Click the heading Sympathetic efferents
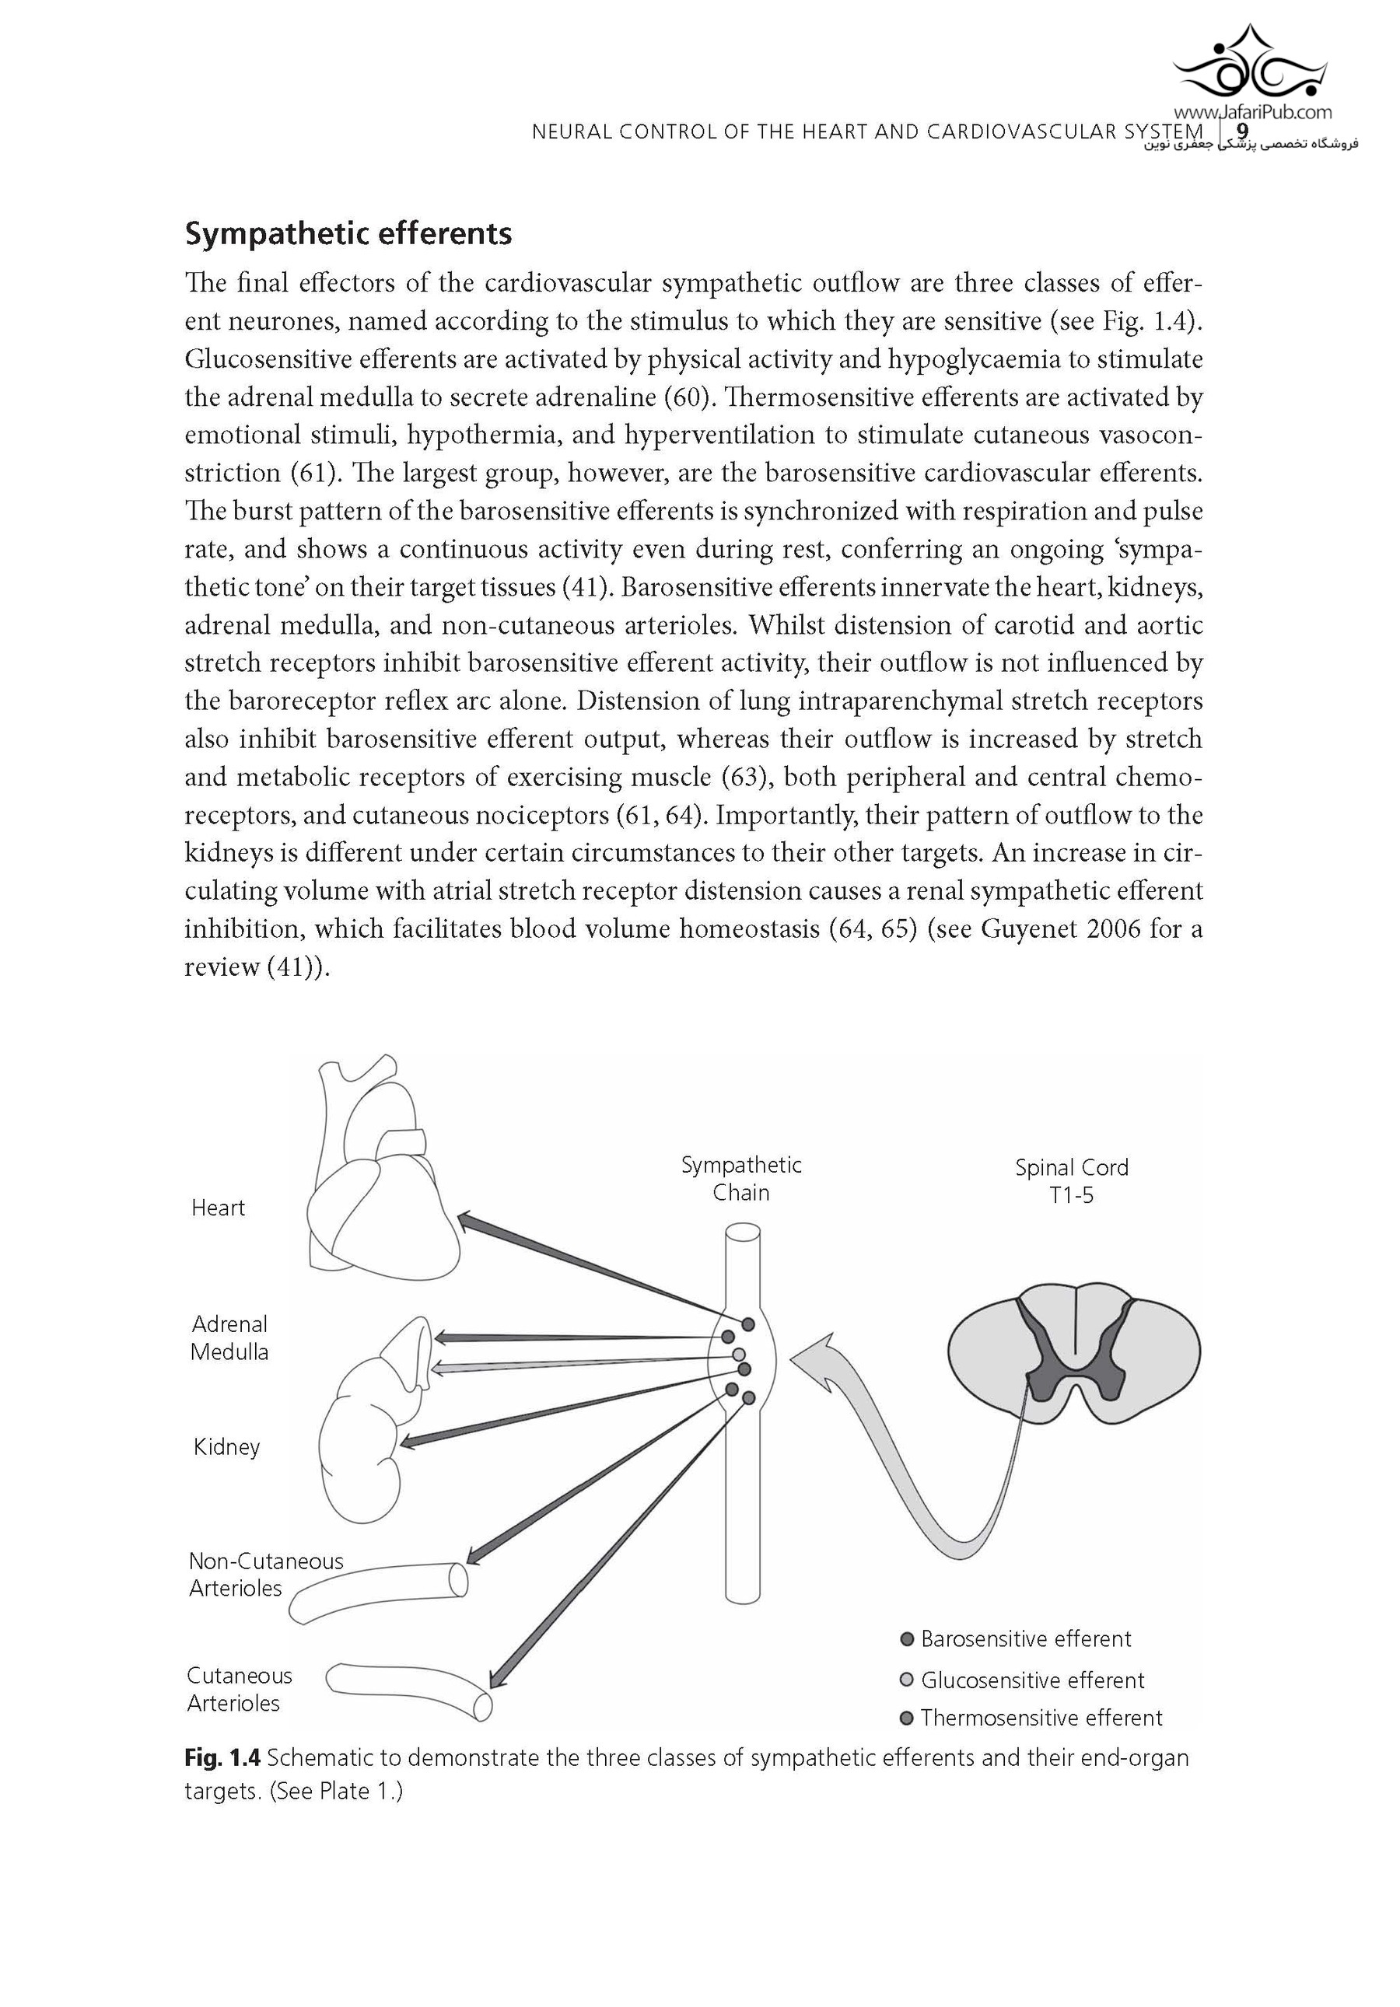coord(348,234)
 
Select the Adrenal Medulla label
coord(229,1337)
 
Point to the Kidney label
coord(226,1446)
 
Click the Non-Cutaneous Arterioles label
coord(265,1575)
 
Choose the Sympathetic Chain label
coord(740,1178)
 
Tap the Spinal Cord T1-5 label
coord(1071,1181)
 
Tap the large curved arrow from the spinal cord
coord(884,1451)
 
